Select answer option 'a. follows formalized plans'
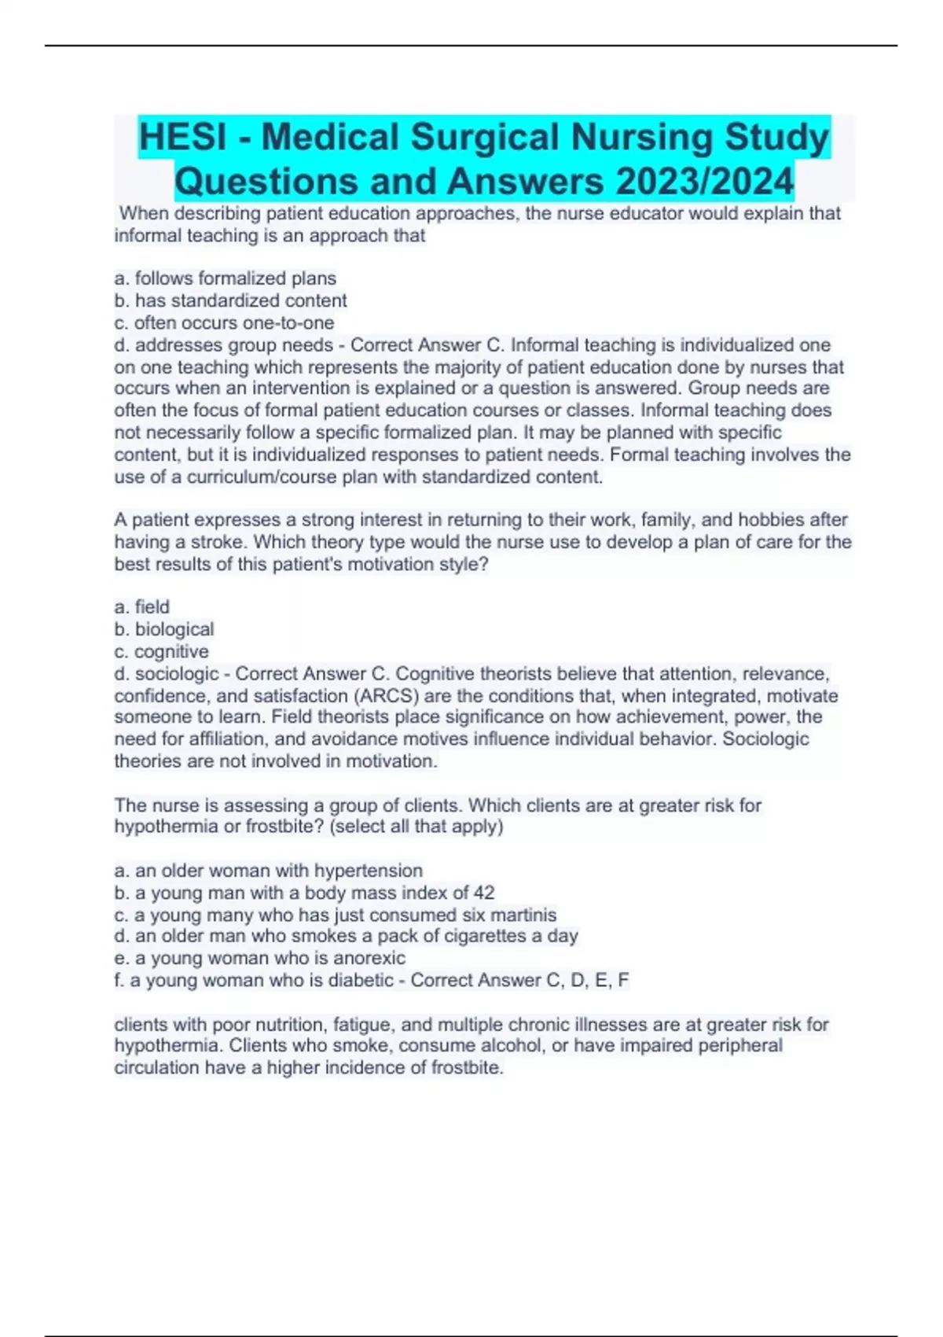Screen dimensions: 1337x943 coord(226,278)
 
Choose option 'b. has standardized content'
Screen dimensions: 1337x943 coord(230,300)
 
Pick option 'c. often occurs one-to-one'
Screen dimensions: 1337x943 coord(224,322)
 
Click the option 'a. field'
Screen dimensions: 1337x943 coord(142,607)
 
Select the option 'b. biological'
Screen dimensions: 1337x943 coord(164,629)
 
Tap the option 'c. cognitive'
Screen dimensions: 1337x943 coord(162,651)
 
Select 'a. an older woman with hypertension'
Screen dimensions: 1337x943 coord(269,871)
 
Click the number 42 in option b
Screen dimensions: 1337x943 coord(484,893)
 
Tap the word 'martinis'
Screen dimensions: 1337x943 coord(523,915)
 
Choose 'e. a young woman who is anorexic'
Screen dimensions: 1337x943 coord(260,958)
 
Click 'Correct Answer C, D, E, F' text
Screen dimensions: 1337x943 coord(519,980)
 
